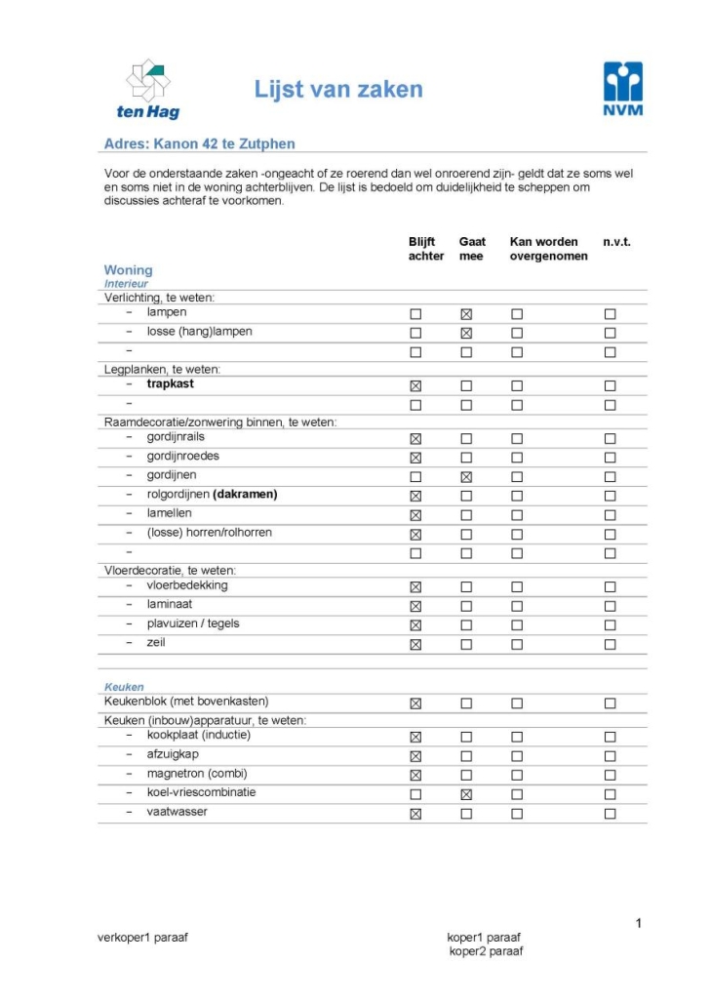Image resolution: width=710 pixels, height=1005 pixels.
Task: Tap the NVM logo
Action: coord(622,89)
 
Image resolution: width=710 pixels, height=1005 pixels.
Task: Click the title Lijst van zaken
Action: coord(338,91)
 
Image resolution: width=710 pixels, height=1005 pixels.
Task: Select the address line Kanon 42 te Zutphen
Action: coord(199,143)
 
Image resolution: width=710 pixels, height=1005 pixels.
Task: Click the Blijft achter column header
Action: coord(426,249)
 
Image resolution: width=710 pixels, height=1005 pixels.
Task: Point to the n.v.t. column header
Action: coord(616,242)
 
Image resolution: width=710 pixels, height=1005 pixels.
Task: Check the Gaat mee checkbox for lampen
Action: coord(466,314)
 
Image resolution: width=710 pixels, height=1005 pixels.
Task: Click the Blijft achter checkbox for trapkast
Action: coord(415,385)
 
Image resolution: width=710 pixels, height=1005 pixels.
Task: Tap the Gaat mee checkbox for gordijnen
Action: coord(466,477)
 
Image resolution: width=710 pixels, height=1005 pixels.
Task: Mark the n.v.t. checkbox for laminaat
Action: coord(610,606)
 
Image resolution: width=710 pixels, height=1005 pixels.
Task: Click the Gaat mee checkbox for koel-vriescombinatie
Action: coord(466,794)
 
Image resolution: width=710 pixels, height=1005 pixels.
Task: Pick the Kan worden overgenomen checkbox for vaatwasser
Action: coord(517,814)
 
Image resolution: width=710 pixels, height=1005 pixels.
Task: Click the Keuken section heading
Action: coord(124,687)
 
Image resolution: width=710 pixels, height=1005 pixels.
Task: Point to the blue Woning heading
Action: coord(128,270)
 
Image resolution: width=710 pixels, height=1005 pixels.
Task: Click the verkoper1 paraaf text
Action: coord(142,938)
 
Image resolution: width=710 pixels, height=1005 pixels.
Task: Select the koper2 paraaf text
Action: coord(486,951)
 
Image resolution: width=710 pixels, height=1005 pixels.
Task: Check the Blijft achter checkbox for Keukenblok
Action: coord(415,703)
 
